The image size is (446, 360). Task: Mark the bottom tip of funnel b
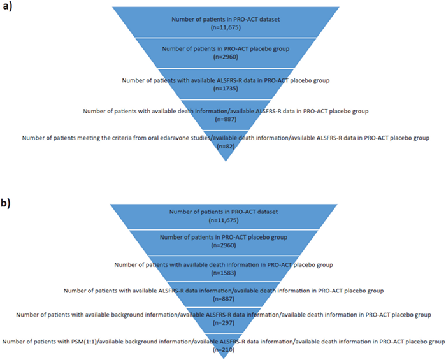pos(222,357)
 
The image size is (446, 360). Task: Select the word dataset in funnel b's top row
pos(261,211)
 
